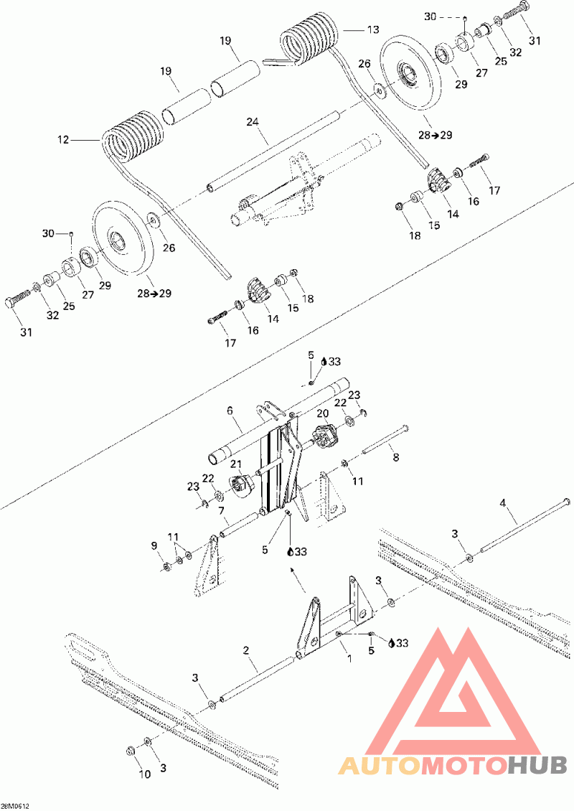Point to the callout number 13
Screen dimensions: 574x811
[x=372, y=30]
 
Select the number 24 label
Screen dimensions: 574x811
[x=252, y=122]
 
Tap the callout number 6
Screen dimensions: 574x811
[x=230, y=411]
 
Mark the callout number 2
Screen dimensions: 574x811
[x=246, y=650]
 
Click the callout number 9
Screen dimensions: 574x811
[x=154, y=546]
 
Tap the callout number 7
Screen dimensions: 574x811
[x=223, y=513]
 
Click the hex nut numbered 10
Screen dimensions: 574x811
[x=131, y=751]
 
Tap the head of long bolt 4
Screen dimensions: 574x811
[x=565, y=500]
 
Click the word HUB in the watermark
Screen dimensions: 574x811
[x=537, y=764]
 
